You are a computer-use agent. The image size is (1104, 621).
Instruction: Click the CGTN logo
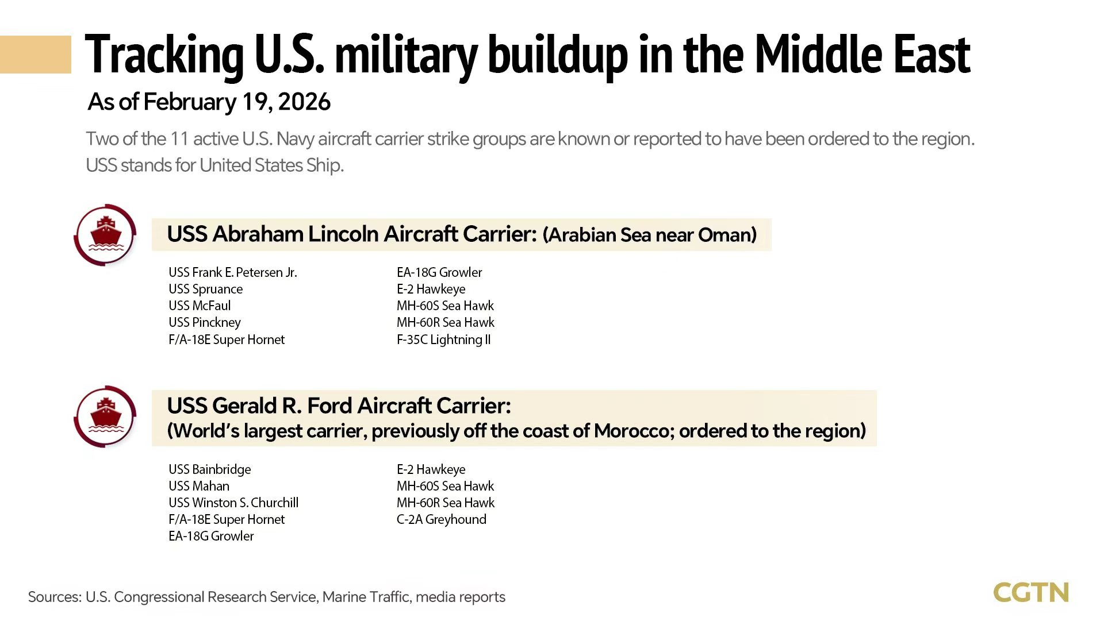(1030, 593)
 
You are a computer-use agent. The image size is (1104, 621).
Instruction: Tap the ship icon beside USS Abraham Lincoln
(106, 235)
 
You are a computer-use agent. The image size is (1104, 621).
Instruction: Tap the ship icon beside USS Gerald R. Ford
(106, 416)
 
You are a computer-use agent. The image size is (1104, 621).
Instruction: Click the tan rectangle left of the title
(36, 55)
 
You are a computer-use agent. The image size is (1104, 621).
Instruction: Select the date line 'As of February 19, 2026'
(209, 102)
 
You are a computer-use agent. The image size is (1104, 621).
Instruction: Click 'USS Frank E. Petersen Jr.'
(232, 272)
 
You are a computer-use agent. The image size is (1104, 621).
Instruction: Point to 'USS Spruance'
(205, 289)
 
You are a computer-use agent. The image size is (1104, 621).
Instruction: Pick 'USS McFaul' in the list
(199, 306)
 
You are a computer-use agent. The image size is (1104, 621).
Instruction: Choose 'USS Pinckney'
(204, 322)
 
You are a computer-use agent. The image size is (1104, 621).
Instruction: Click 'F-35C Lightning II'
(443, 340)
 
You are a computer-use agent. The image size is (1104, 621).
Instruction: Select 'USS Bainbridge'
(209, 469)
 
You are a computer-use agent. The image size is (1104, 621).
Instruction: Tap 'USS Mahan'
(198, 486)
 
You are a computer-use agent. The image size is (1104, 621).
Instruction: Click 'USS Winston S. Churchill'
(233, 503)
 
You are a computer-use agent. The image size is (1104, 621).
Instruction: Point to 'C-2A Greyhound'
(441, 519)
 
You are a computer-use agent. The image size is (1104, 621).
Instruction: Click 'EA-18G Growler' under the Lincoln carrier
(439, 272)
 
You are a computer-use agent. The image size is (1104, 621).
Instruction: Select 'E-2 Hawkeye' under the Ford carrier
(431, 469)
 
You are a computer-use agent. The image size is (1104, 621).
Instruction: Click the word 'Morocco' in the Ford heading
(632, 431)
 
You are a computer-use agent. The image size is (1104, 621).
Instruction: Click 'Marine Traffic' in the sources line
(366, 597)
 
